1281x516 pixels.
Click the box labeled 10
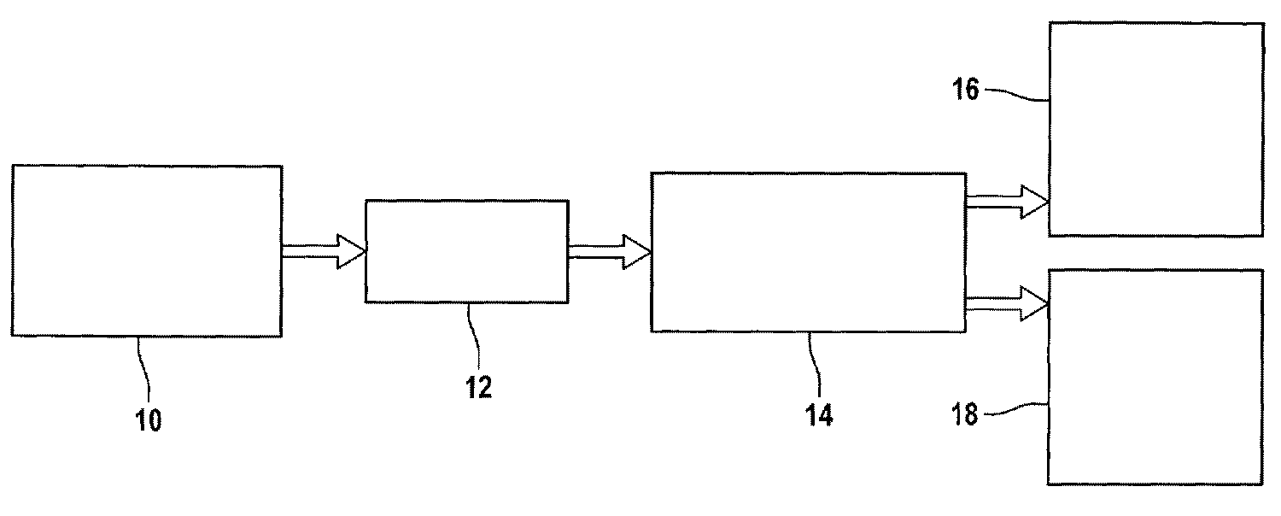[x=146, y=251]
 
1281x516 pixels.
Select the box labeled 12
[x=466, y=250]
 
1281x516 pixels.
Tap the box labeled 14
[x=808, y=251]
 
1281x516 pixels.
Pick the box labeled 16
[x=1156, y=128]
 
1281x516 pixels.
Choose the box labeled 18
[x=1155, y=377]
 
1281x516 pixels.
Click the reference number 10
[x=149, y=421]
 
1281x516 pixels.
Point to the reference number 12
[x=479, y=388]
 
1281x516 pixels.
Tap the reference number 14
[x=817, y=415]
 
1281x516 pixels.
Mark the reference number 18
[x=968, y=416]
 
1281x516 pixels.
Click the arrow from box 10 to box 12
[x=324, y=251]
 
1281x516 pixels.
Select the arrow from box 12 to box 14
[x=609, y=251]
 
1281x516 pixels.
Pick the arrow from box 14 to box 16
[x=1007, y=203]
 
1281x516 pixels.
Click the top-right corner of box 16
[x=1263, y=23]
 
